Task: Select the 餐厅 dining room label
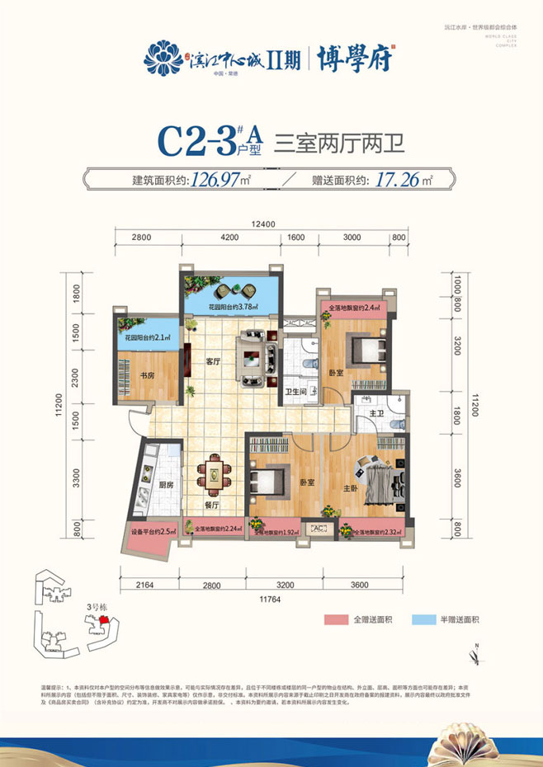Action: click(x=210, y=505)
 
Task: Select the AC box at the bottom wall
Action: click(x=318, y=529)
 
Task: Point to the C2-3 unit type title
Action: click(x=196, y=142)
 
